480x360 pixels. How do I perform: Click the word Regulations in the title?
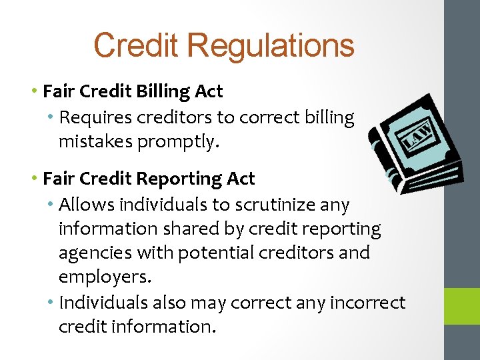coord(271,46)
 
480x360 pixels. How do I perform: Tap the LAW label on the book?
coord(417,135)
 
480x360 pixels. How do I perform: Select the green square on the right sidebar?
coord(462,306)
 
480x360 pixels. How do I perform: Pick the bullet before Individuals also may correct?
coord(51,302)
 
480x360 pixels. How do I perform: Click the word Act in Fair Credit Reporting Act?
coord(241,179)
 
